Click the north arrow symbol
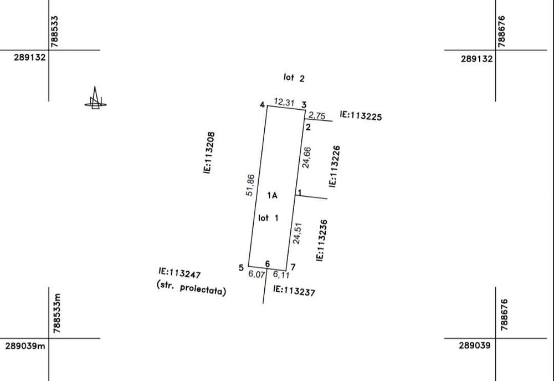[95, 99]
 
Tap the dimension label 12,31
[284, 103]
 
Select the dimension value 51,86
[250, 185]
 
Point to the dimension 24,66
[306, 158]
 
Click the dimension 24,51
[297, 233]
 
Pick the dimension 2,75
[317, 116]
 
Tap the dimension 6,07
[257, 274]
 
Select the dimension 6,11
[281, 275]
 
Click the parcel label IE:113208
[209, 153]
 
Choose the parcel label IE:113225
[361, 116]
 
